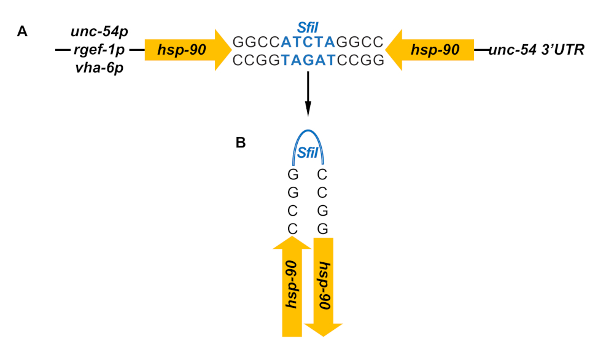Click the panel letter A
22,33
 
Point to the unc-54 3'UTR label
537,49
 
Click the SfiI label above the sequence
307,28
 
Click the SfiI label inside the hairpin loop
307,152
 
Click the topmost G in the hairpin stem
292,174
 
